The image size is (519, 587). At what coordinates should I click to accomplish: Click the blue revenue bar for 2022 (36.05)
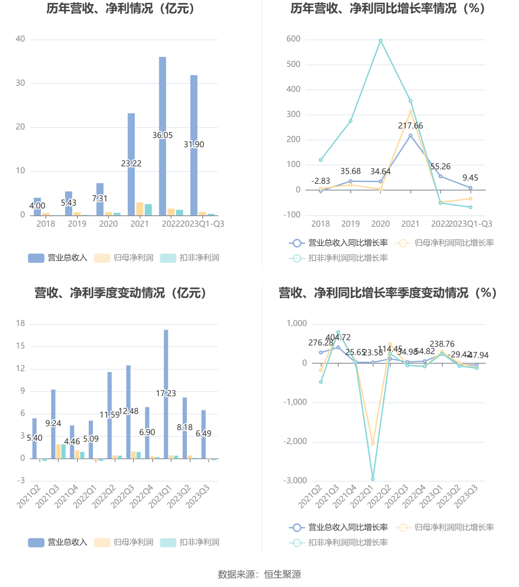coord(162,99)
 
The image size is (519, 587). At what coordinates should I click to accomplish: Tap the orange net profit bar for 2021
coord(139,209)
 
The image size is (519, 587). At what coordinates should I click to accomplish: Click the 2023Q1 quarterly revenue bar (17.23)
coord(166,362)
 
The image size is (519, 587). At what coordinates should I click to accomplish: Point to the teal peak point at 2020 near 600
coord(381,41)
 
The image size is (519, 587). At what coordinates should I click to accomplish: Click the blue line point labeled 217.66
coord(411,136)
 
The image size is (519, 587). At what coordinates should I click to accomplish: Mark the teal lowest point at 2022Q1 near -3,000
coord(373,479)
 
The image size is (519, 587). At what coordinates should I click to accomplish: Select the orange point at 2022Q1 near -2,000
coord(373,444)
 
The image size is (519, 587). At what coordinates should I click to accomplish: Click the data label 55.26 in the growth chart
coord(440,167)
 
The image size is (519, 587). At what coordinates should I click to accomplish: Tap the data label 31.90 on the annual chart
coord(194,144)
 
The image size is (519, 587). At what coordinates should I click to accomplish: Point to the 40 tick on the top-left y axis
coord(20,39)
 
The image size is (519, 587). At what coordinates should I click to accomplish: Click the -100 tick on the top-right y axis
coord(292,215)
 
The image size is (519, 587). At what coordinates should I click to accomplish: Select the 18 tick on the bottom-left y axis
coord(20,323)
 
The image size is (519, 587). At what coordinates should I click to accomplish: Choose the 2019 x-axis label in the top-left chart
coord(77,224)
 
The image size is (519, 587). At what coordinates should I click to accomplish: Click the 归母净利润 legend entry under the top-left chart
coord(124,258)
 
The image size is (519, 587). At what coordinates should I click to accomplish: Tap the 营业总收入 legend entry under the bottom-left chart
coord(58,542)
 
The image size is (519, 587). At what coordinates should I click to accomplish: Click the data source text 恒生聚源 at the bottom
coord(282,574)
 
